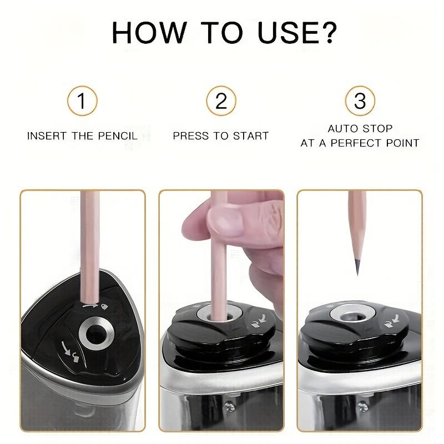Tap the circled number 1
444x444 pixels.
[82, 102]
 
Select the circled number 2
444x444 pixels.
[221, 102]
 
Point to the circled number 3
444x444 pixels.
[360, 102]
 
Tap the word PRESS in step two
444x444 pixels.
[189, 135]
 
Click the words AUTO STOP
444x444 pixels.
[360, 129]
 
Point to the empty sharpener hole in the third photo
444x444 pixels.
[350, 316]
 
